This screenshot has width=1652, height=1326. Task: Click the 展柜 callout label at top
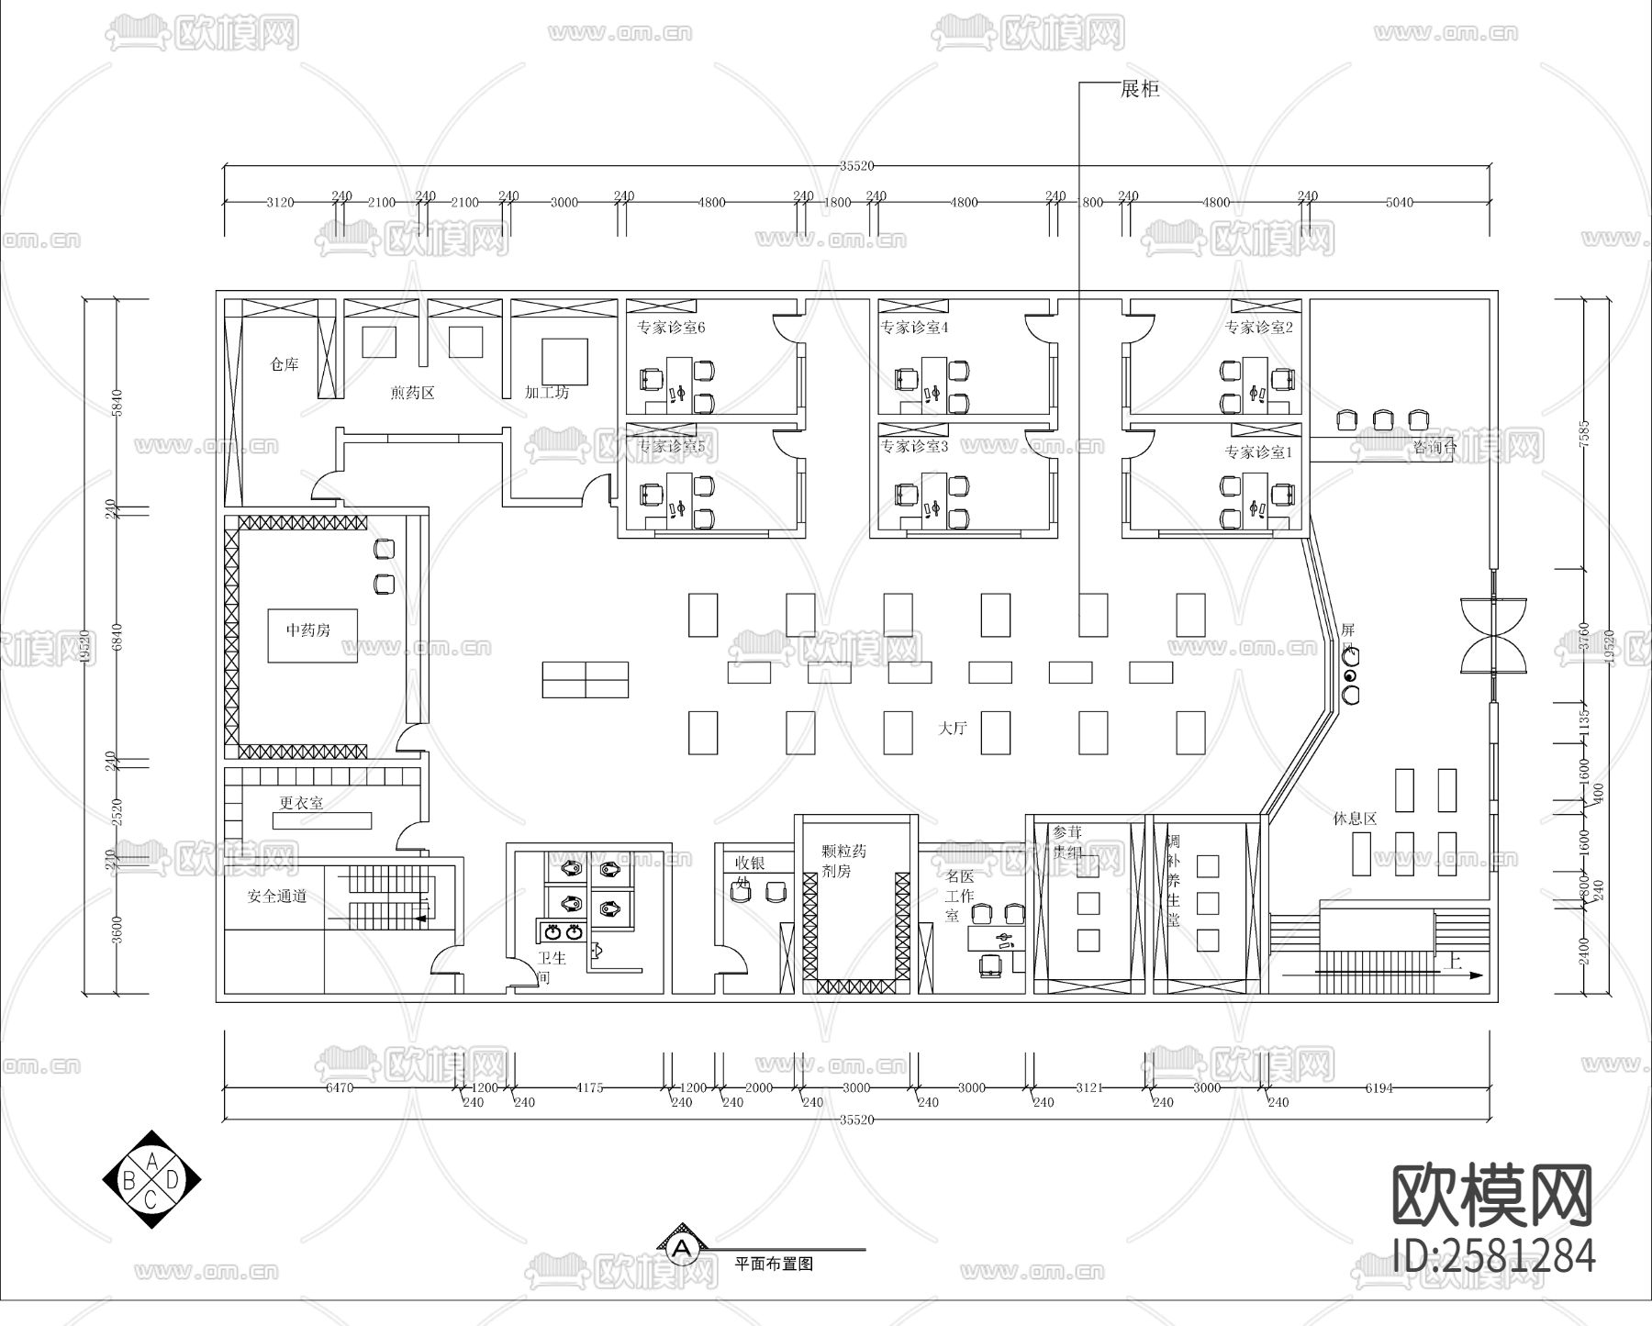point(1140,89)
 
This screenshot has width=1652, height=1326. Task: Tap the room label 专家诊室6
point(671,328)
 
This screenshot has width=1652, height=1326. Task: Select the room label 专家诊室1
point(1257,451)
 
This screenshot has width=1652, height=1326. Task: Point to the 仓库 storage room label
point(285,364)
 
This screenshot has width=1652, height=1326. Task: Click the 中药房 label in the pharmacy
point(308,630)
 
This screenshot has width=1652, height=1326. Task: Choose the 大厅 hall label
point(952,728)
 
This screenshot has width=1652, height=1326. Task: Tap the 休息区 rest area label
point(1355,818)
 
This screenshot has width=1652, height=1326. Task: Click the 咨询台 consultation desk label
point(1434,447)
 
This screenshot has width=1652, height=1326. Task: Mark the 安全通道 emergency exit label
point(277,896)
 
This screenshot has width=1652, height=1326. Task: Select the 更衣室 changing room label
point(301,802)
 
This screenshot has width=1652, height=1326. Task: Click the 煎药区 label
point(412,393)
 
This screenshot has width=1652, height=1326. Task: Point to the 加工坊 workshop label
point(547,392)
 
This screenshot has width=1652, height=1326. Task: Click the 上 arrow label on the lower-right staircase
point(1452,962)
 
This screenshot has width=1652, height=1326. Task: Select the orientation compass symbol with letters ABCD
point(151,1180)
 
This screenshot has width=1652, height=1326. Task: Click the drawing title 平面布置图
point(774,1263)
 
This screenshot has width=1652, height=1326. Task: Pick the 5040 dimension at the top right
point(1399,202)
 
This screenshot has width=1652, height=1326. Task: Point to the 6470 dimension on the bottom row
point(340,1087)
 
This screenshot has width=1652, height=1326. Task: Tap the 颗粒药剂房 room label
point(843,861)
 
